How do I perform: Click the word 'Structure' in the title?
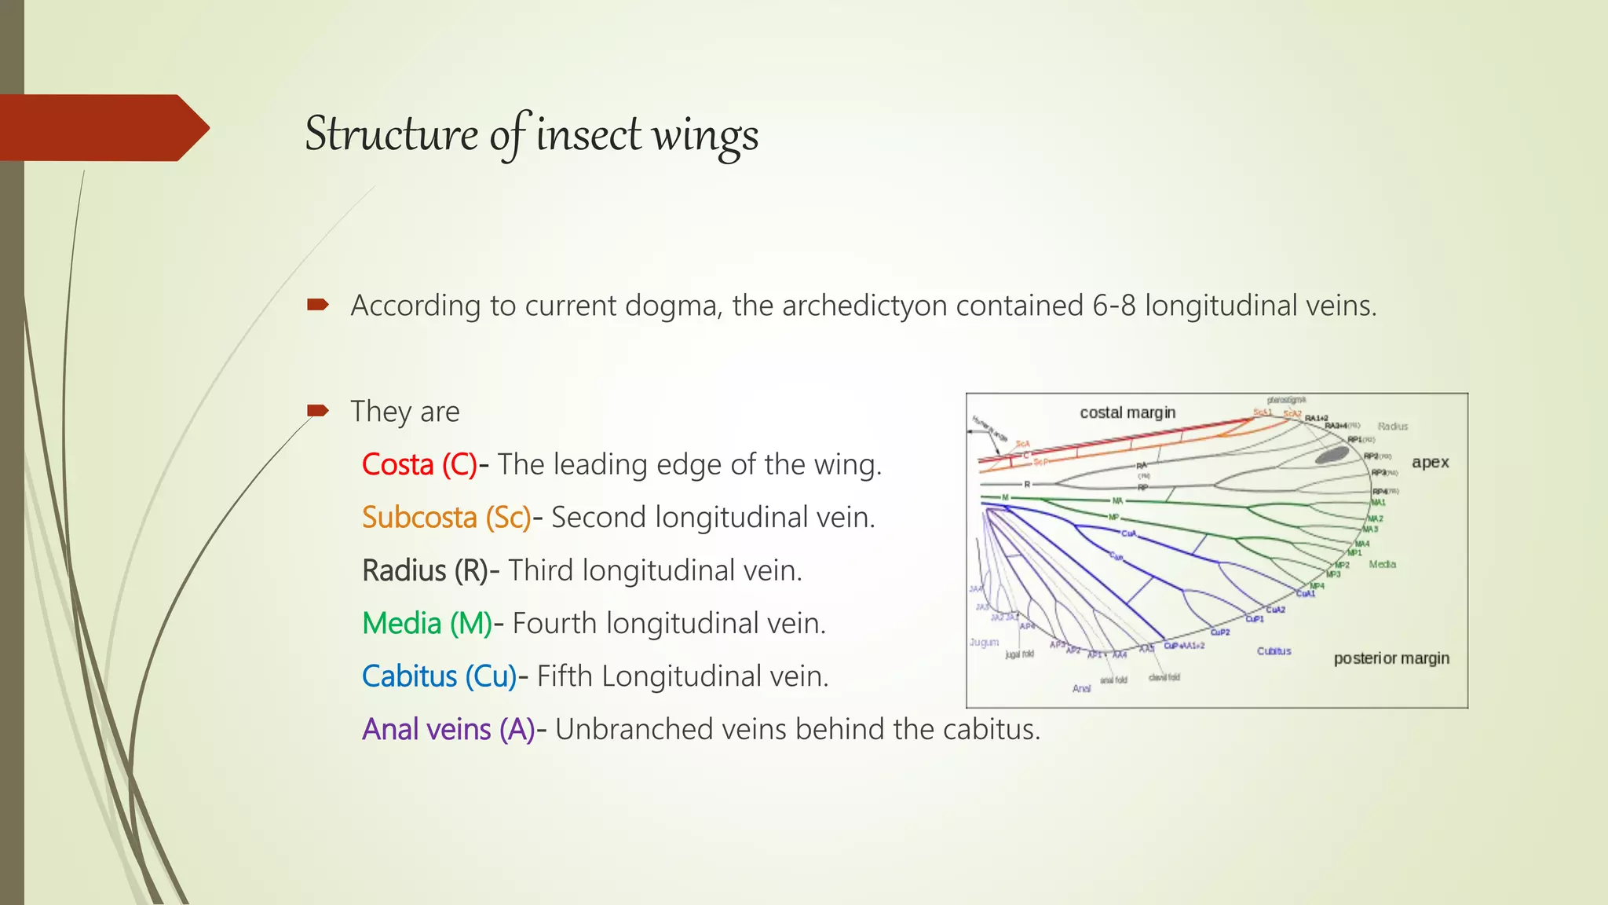pyautogui.click(x=391, y=134)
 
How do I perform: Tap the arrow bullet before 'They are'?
pyautogui.click(x=317, y=410)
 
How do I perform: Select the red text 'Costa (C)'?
pyautogui.click(x=419, y=464)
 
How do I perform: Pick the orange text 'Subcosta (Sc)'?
pyautogui.click(x=446, y=517)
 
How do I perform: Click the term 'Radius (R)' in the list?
pyautogui.click(x=425, y=570)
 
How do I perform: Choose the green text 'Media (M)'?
pyautogui.click(x=427, y=623)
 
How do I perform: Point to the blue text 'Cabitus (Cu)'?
pyautogui.click(x=439, y=676)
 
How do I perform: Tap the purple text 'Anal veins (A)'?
pyautogui.click(x=448, y=729)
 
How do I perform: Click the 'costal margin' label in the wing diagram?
pyautogui.click(x=1127, y=412)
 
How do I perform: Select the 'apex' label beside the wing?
pyautogui.click(x=1430, y=462)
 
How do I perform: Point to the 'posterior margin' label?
pyautogui.click(x=1391, y=658)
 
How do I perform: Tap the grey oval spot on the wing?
pyautogui.click(x=1332, y=455)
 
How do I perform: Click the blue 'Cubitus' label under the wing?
pyautogui.click(x=1274, y=650)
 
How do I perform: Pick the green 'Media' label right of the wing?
pyautogui.click(x=1382, y=564)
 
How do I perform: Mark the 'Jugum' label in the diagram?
pyautogui.click(x=984, y=642)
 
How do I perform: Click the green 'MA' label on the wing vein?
pyautogui.click(x=1117, y=500)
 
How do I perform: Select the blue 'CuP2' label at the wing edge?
pyautogui.click(x=1219, y=632)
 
